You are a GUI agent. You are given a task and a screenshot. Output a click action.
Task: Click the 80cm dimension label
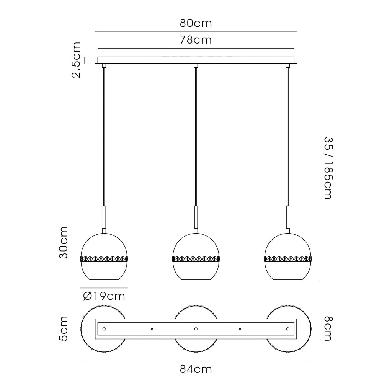(196, 23)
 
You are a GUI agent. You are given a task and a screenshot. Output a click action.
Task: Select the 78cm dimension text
(196, 40)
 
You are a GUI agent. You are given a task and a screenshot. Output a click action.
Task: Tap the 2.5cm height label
(76, 60)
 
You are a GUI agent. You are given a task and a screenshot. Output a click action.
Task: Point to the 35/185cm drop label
(328, 168)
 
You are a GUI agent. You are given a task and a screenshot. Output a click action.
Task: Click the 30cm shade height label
(63, 242)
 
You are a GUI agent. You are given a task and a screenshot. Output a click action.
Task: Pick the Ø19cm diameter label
(104, 296)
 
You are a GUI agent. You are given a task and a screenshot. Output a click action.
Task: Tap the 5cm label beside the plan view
(63, 328)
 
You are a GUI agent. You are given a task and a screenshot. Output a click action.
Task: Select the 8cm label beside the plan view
(328, 328)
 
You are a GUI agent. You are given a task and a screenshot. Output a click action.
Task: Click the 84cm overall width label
(196, 369)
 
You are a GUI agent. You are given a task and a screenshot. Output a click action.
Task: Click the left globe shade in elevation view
(104, 256)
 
